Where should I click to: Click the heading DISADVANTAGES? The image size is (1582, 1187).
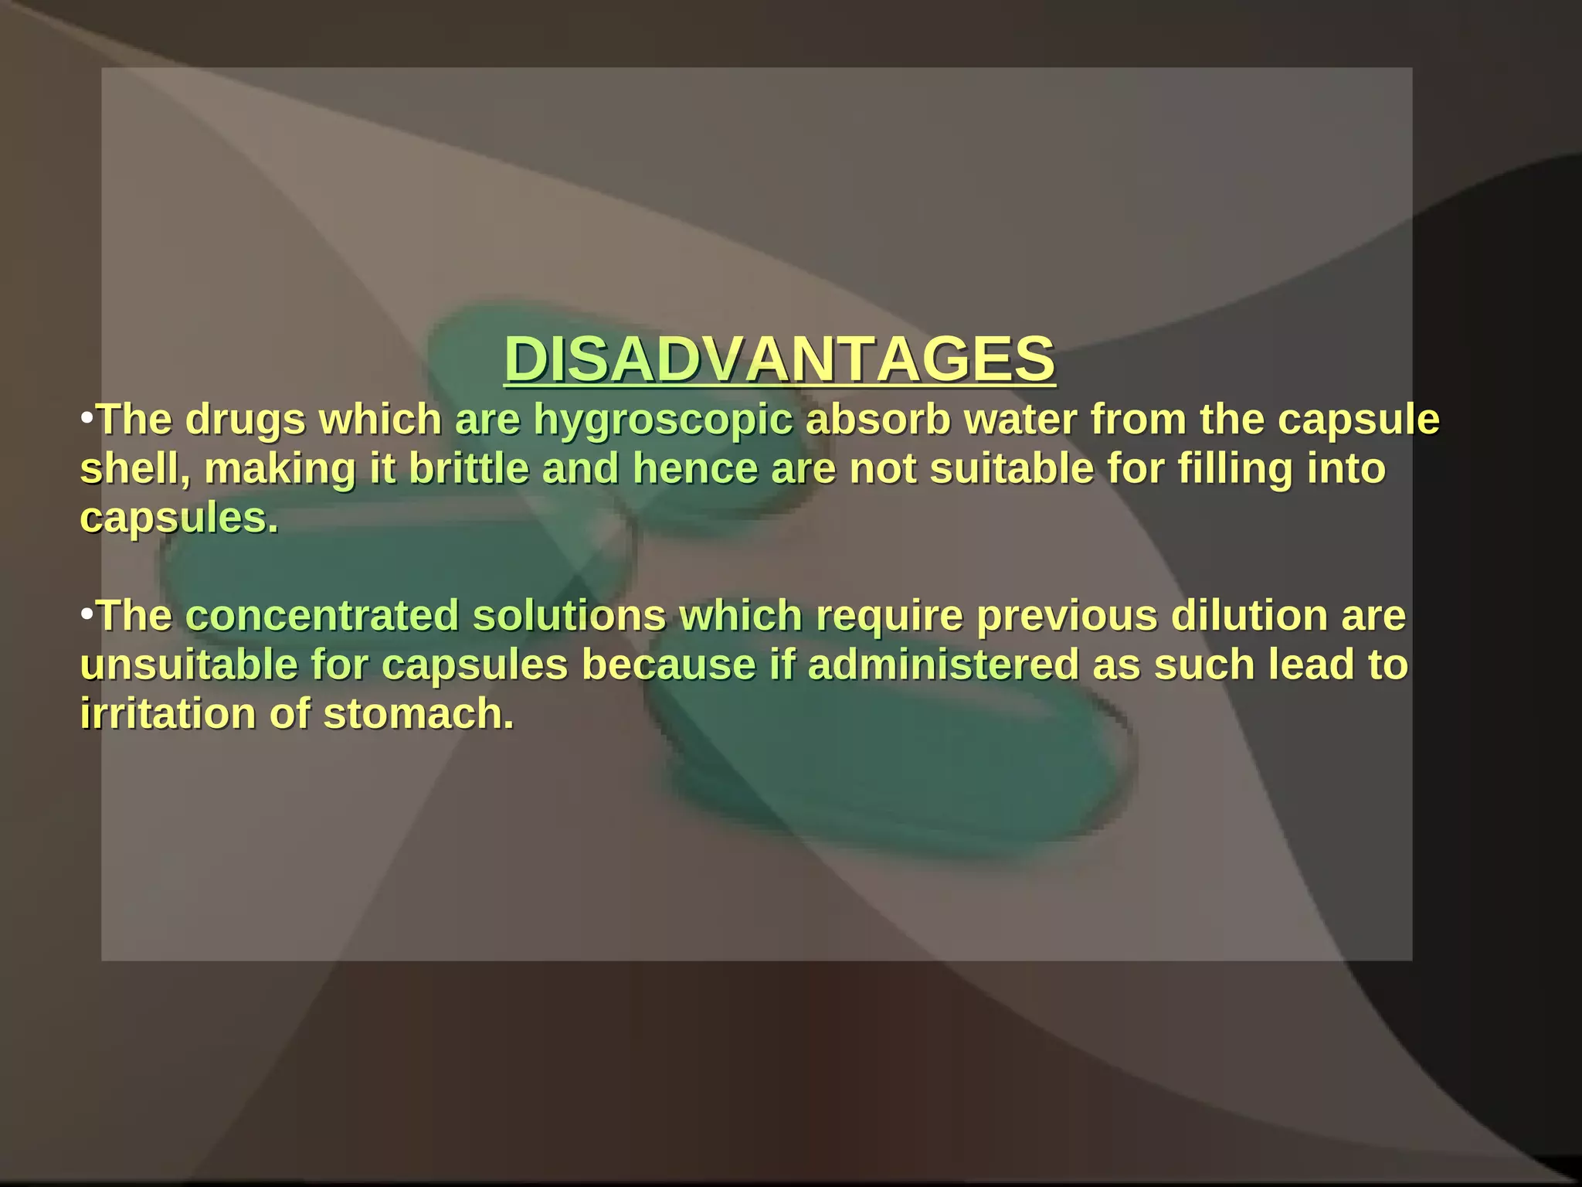(779, 359)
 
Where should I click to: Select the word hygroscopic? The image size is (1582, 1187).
(663, 421)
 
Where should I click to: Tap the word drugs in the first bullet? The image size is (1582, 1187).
(246, 421)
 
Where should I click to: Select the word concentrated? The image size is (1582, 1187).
(322, 617)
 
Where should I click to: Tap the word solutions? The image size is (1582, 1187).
(569, 617)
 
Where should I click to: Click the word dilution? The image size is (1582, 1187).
(1249, 617)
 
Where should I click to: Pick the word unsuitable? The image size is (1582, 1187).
(189, 665)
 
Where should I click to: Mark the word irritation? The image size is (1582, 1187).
(168, 714)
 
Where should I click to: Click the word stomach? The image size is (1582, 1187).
(418, 714)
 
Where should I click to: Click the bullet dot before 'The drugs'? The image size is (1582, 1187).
(87, 418)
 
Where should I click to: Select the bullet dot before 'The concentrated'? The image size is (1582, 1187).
(87, 614)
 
